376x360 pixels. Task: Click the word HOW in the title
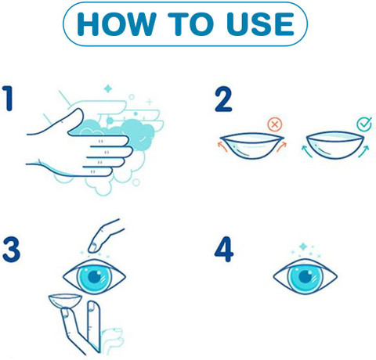[x=117, y=23]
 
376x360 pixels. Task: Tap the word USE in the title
[x=261, y=23]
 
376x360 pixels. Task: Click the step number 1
[x=8, y=99]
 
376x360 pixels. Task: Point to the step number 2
[x=223, y=100]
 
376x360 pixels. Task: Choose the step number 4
[x=224, y=249]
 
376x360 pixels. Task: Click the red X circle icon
[x=275, y=124]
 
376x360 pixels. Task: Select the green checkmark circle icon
[x=364, y=124]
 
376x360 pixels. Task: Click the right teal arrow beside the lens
[x=364, y=151]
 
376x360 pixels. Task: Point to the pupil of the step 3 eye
[x=95, y=277]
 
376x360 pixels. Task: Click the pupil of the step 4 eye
[x=305, y=276]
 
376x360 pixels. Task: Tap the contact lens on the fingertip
[x=65, y=301]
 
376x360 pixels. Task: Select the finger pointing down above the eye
[x=106, y=236]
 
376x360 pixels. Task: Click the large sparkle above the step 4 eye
[x=303, y=247]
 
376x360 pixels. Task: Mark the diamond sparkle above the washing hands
[x=108, y=88]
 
